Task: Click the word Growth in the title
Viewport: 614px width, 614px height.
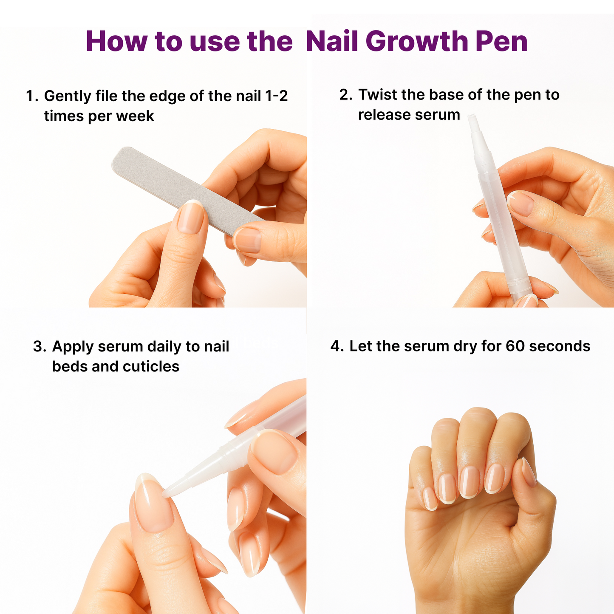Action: (416, 42)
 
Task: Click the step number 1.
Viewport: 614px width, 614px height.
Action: (31, 96)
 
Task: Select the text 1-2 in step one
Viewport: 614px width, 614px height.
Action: (276, 96)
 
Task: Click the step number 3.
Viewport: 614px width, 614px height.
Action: (39, 347)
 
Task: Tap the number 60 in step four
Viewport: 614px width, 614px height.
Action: (515, 346)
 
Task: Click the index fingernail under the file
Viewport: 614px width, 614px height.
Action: (247, 240)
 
